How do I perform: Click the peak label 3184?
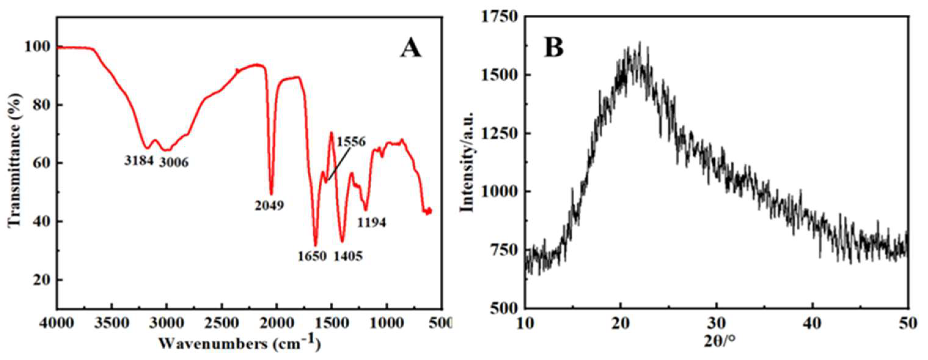point(139,161)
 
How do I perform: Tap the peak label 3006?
point(174,163)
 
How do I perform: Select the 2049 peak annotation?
point(270,206)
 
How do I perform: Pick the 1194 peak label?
point(372,223)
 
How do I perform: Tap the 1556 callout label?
point(351,141)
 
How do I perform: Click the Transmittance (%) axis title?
point(14,160)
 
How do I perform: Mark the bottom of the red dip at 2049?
point(271,194)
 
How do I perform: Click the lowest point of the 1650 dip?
point(316,245)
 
